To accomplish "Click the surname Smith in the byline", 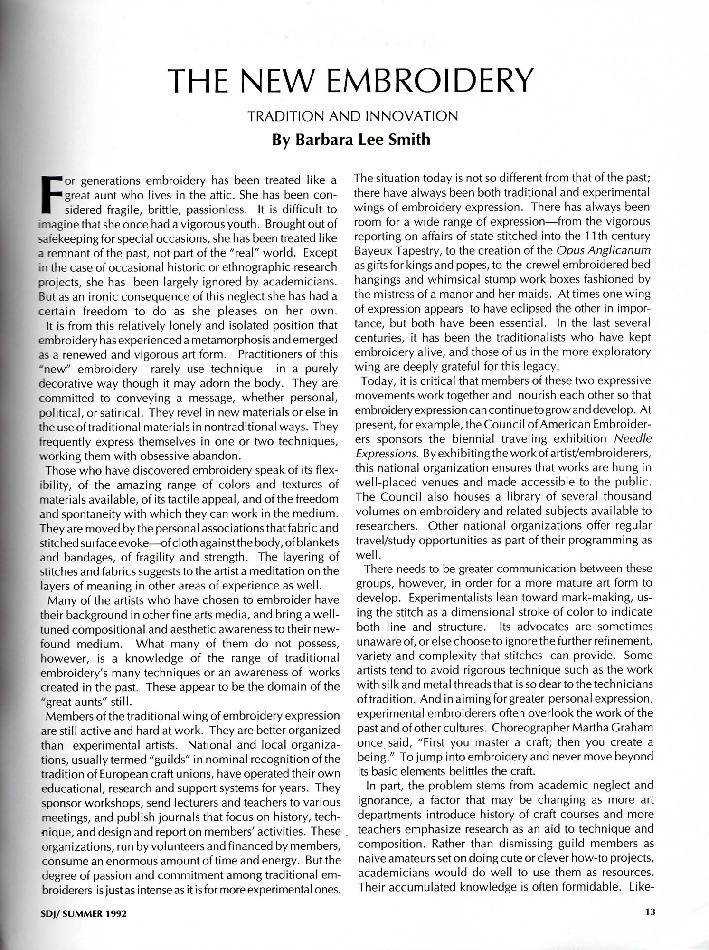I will click(x=408, y=140).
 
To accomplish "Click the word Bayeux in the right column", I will click(x=372, y=250).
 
